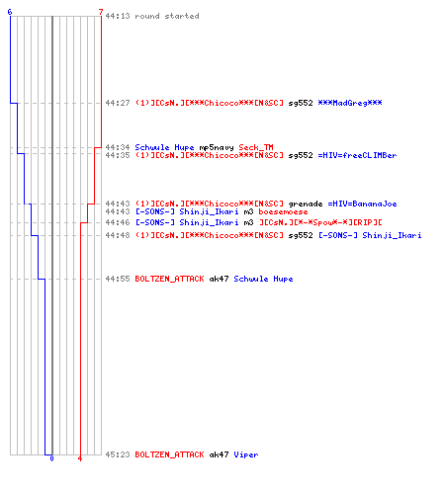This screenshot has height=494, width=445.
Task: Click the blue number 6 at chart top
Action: click(10, 12)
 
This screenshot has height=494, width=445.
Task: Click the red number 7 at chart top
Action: click(101, 12)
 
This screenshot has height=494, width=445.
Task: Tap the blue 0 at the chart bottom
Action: click(51, 458)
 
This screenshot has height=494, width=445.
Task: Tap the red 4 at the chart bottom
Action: click(80, 458)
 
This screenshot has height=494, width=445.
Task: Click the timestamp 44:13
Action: click(118, 16)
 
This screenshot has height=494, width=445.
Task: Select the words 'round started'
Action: click(167, 16)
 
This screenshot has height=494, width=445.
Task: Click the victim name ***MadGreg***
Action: click(350, 103)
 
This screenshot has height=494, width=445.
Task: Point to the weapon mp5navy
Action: click(217, 147)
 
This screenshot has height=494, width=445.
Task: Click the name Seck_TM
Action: click(256, 147)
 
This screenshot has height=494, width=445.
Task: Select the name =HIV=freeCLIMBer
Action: click(357, 155)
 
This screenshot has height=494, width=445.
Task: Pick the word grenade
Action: click(306, 204)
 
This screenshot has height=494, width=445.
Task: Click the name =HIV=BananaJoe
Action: click(362, 204)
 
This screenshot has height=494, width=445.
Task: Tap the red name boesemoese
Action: click(283, 211)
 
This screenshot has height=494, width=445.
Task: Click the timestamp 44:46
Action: click(118, 222)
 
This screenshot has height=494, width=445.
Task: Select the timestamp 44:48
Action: click(118, 235)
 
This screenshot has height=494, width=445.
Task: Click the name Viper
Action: click(246, 454)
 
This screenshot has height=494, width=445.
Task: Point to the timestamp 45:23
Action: click(118, 454)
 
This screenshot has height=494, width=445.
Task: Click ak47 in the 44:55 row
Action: click(219, 279)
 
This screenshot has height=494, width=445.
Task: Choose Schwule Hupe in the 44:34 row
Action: click(164, 147)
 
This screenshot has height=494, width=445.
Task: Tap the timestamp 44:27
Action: click(118, 103)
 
